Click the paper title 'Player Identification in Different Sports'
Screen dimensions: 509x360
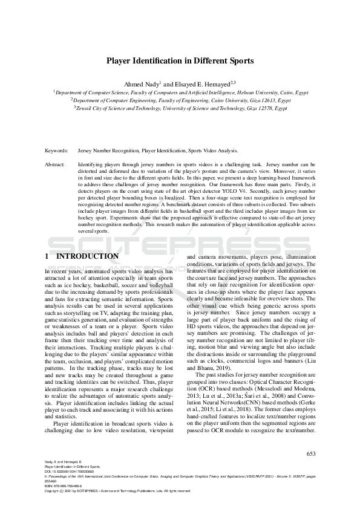coord(180,61)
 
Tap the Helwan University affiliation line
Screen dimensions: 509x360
coord(180,92)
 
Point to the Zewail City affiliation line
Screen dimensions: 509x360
coord(180,108)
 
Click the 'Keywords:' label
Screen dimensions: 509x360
coord(56,150)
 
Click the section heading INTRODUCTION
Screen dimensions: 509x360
coord(88,256)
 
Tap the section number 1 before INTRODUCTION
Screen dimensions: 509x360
coord(47,256)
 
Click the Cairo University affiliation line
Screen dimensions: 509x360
coord(180,100)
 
